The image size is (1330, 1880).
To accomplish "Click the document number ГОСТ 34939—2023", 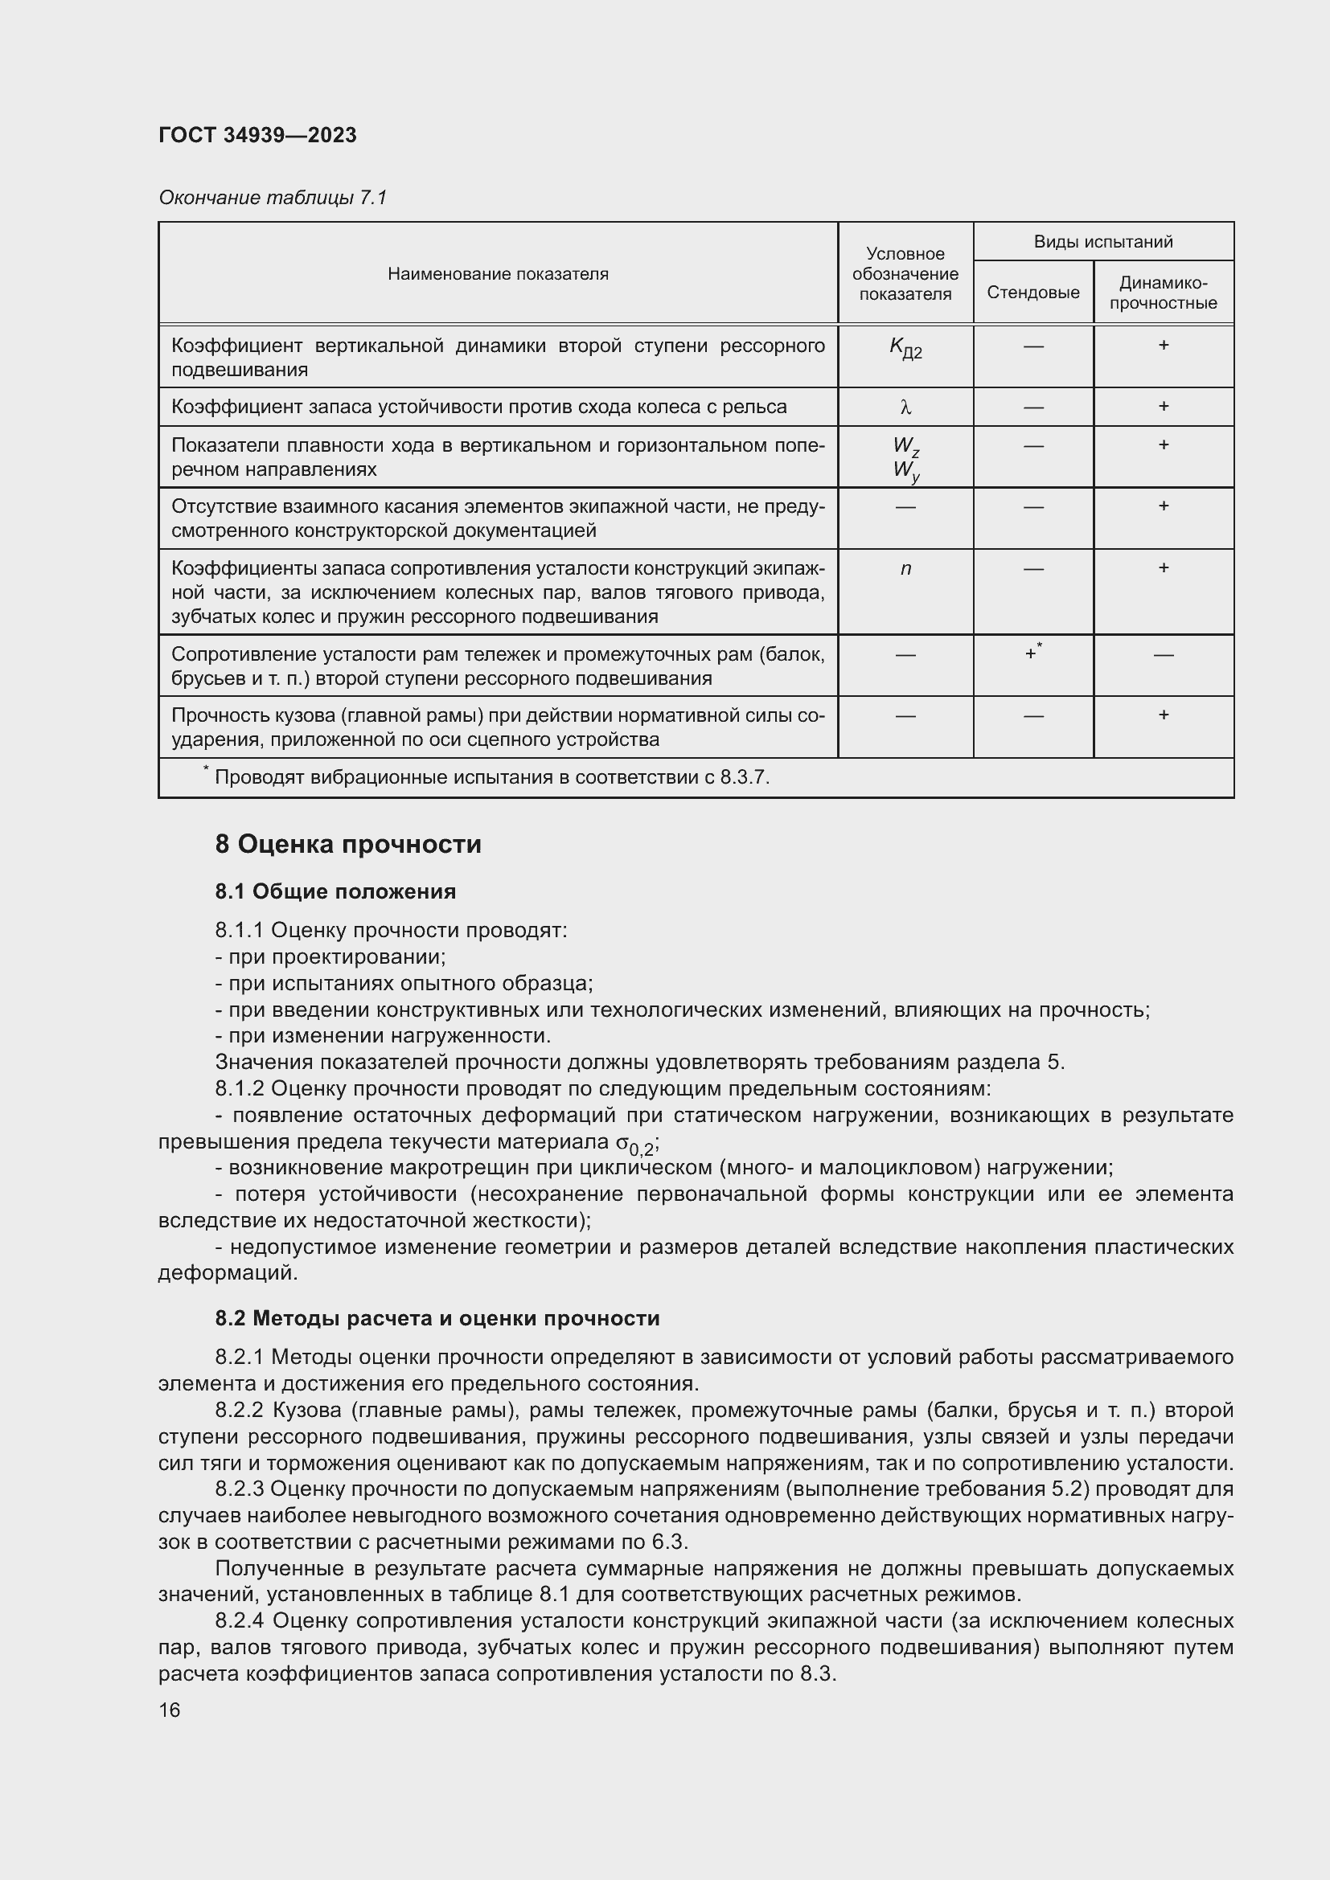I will pyautogui.click(x=257, y=135).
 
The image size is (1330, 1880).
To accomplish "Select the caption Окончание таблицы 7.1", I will pyautogui.click(x=272, y=198).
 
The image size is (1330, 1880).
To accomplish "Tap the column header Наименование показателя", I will pyautogui.click(x=498, y=274).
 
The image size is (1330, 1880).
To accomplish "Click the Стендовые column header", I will pyautogui.click(x=1032, y=293).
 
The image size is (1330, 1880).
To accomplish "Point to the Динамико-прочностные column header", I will pyautogui.click(x=1163, y=293).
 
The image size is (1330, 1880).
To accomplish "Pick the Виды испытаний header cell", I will pyautogui.click(x=1103, y=242).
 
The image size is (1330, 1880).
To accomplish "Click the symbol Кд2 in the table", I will pyautogui.click(x=905, y=349).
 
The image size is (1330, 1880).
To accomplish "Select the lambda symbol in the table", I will pyautogui.click(x=905, y=407).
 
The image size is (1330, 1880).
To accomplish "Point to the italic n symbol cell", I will pyautogui.click(x=905, y=568).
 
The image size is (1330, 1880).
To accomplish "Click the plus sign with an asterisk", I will pyautogui.click(x=1032, y=653).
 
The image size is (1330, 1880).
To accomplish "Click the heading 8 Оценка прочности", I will pyautogui.click(x=348, y=844).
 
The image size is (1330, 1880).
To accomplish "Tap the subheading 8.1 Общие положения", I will pyautogui.click(x=335, y=891).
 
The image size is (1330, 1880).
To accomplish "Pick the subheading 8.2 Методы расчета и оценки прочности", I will pyautogui.click(x=437, y=1318).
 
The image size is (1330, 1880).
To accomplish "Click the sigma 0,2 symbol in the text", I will pyautogui.click(x=634, y=1145).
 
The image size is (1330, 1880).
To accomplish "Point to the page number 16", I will pyautogui.click(x=170, y=1710).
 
